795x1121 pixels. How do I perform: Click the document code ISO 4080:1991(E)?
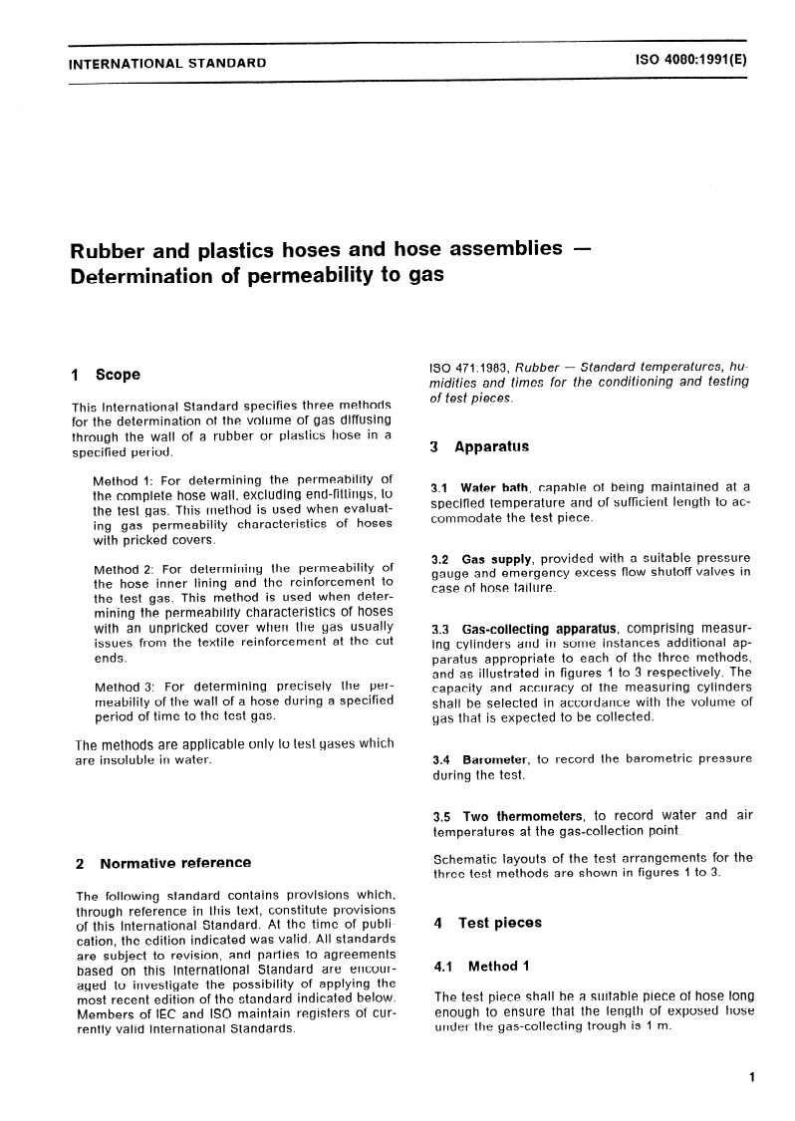(x=689, y=60)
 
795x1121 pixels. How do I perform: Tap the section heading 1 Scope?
(x=107, y=376)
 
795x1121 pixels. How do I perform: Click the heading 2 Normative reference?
(x=163, y=863)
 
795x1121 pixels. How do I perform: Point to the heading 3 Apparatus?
(x=479, y=447)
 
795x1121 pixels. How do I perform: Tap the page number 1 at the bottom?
(x=750, y=1077)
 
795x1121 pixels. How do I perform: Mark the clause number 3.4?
(x=440, y=759)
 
